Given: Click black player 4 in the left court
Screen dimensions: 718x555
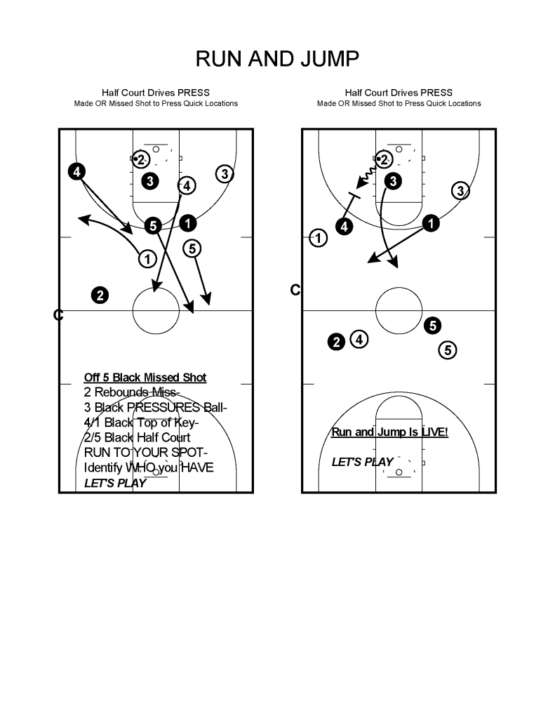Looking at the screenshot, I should tap(76, 171).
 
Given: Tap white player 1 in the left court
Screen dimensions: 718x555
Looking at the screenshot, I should tap(147, 259).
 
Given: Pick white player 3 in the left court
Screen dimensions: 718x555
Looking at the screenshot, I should tap(225, 173).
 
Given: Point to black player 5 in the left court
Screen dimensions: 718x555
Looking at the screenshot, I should tap(154, 225).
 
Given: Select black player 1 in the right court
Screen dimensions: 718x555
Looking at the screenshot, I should tap(431, 223).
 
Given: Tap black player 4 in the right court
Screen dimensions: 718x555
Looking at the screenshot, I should tap(344, 226).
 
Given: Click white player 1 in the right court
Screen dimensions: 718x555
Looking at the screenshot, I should tap(319, 239).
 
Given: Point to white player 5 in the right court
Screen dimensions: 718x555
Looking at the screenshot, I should tap(448, 350).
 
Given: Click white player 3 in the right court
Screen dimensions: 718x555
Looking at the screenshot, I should tap(460, 190).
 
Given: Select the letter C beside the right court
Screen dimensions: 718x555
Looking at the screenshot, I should tap(295, 290).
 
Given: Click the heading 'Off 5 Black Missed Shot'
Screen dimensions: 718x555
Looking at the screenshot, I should tap(145, 378).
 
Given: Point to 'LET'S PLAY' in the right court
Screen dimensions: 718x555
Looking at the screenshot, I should tap(362, 462).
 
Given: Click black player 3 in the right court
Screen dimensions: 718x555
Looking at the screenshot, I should tap(394, 181).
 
